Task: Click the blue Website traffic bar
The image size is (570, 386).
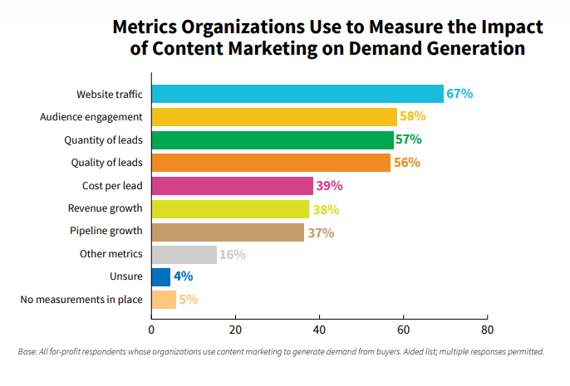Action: click(297, 94)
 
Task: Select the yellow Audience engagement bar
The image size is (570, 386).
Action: click(274, 116)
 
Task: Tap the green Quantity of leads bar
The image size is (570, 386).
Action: click(273, 139)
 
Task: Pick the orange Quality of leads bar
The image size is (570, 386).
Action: click(271, 163)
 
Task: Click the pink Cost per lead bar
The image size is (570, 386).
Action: click(233, 186)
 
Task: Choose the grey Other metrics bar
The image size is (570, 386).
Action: click(184, 255)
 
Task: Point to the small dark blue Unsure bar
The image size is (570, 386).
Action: click(161, 277)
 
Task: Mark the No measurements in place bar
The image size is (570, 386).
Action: click(164, 300)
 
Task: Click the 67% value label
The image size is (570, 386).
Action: click(459, 94)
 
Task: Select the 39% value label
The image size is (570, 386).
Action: click(329, 186)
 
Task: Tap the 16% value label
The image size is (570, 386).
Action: click(232, 255)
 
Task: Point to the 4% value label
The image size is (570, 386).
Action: click(184, 277)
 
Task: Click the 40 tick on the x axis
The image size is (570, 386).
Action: click(319, 316)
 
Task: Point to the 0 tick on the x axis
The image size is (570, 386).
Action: click(152, 316)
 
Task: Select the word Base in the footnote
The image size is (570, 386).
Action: click(28, 352)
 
